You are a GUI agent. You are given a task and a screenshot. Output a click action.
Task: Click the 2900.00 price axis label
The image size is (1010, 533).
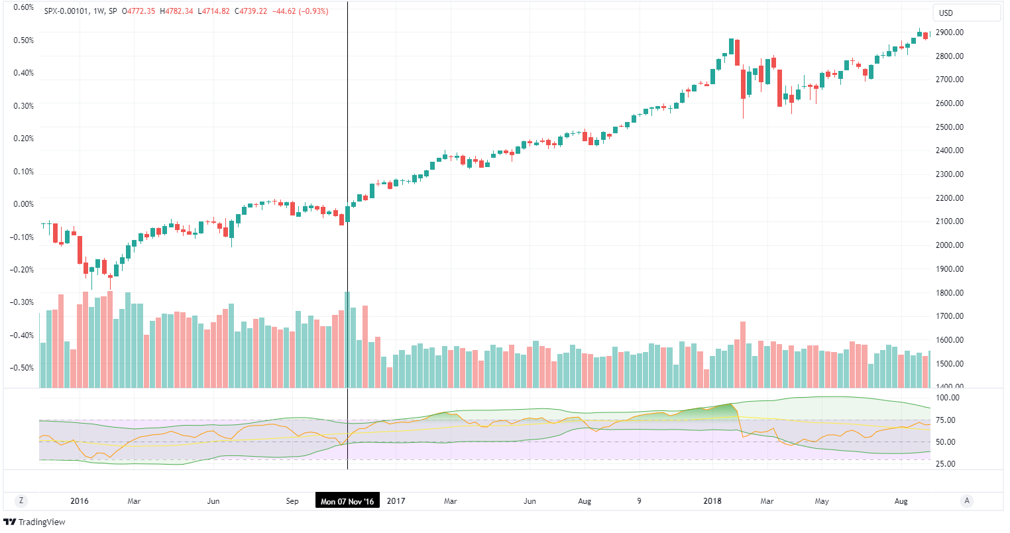point(950,32)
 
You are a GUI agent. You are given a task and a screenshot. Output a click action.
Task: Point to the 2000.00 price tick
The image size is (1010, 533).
point(950,245)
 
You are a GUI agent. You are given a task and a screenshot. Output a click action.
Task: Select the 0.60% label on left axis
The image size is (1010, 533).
point(24,7)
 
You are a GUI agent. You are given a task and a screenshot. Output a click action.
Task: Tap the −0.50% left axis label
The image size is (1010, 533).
point(23,368)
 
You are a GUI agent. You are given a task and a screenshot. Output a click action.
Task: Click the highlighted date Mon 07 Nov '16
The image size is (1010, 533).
point(347,501)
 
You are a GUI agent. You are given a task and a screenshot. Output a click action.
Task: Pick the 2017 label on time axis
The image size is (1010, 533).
point(396,501)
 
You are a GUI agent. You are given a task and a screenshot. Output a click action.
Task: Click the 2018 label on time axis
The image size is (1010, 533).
point(712,501)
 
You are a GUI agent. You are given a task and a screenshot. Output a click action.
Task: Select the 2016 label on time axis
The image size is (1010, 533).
point(80,501)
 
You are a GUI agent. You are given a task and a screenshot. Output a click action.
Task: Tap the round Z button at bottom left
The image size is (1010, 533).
point(22,501)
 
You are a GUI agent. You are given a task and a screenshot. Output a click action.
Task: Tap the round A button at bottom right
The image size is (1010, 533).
point(967,501)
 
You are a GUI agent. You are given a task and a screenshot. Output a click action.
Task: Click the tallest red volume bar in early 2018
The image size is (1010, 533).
point(743,355)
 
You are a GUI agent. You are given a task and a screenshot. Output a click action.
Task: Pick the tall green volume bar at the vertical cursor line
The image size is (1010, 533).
point(347,339)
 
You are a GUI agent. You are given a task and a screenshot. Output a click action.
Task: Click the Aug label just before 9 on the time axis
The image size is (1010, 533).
point(585,501)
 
